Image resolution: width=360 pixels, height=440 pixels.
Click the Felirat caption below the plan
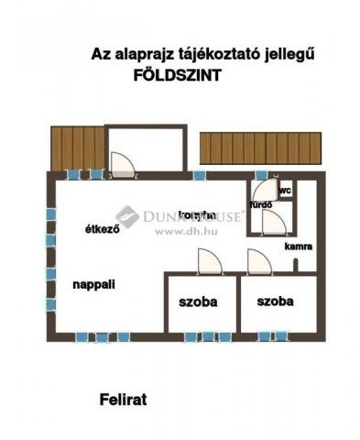(123, 400)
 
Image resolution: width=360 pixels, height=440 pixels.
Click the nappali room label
(93, 284)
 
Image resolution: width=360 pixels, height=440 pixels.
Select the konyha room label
(197, 214)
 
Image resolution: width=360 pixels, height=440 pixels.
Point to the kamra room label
(298, 247)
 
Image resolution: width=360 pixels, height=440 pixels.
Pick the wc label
(285, 191)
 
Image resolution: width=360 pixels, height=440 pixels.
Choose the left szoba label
(198, 301)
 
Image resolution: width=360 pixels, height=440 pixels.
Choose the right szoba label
(276, 301)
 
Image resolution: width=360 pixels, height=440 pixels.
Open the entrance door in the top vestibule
(122, 164)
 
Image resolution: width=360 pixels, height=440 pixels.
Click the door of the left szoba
(210, 262)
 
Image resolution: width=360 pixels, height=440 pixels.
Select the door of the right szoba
(258, 262)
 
